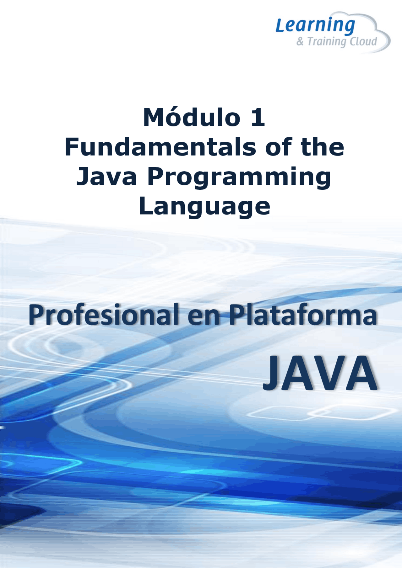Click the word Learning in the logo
click(x=315, y=26)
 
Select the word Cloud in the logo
click(x=363, y=41)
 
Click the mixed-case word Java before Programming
click(x=107, y=176)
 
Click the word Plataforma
click(x=303, y=315)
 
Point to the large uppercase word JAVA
click(x=320, y=373)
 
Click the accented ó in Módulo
click(x=179, y=117)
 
